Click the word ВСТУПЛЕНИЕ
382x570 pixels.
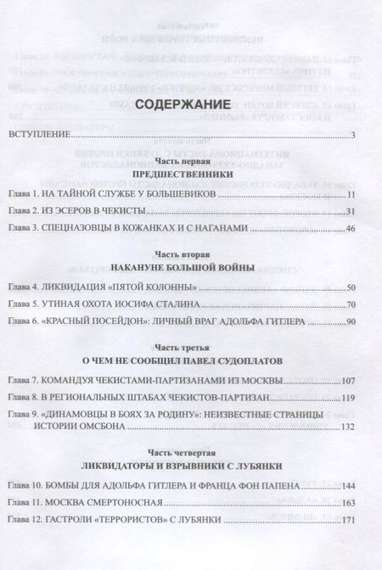click(x=41, y=135)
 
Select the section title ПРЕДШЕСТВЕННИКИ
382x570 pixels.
click(x=188, y=173)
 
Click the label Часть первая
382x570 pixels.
click(x=188, y=160)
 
